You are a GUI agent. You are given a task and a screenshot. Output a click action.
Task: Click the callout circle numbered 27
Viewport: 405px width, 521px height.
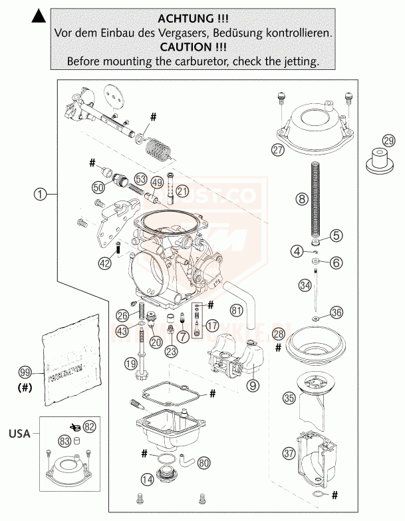click(x=277, y=149)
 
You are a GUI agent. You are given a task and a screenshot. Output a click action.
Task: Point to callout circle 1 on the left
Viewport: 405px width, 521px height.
click(x=41, y=195)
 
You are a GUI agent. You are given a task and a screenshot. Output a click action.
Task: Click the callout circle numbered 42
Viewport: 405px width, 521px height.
click(x=104, y=263)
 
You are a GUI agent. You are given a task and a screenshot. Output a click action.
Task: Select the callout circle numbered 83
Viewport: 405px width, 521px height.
click(x=64, y=440)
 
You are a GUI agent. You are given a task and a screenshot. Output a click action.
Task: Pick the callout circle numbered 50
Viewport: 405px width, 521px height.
click(x=99, y=187)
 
